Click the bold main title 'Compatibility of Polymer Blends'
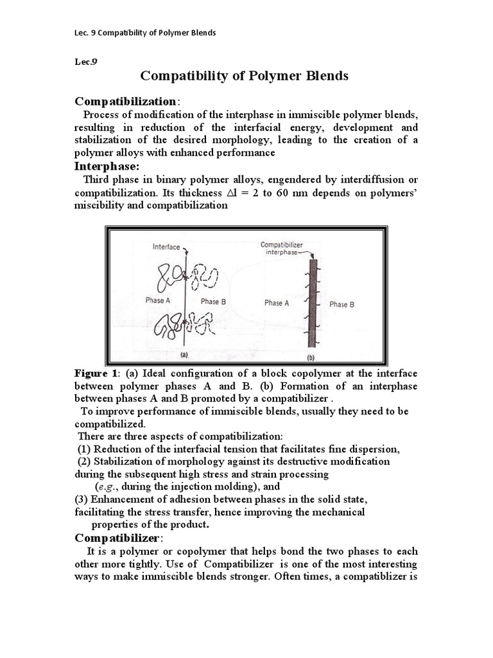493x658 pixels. tap(245, 76)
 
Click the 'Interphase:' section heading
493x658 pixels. tap(107, 166)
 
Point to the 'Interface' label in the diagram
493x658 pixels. tap(166, 246)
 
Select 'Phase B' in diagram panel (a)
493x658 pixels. tap(213, 301)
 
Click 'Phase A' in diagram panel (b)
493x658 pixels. tap(277, 303)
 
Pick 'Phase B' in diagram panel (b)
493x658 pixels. tap(342, 305)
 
